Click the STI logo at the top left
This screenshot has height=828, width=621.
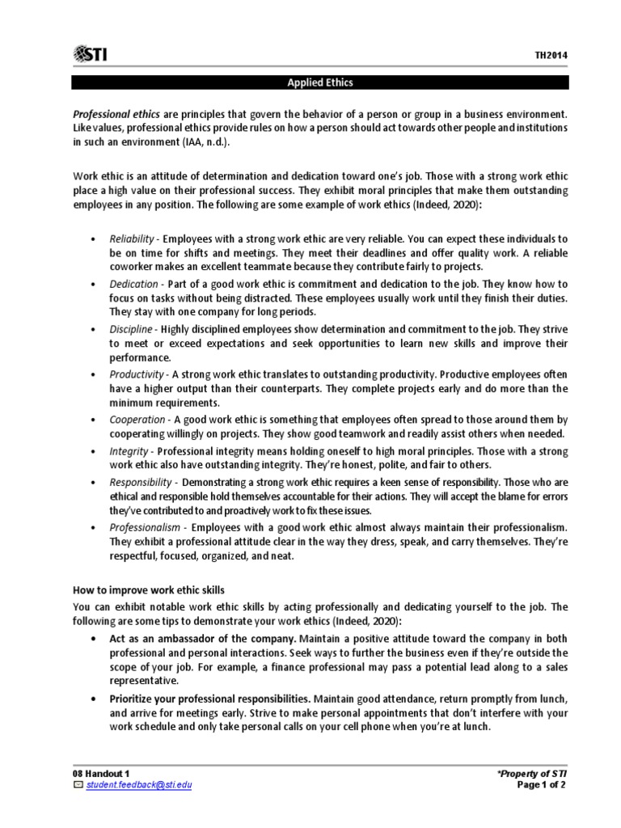pos(91,54)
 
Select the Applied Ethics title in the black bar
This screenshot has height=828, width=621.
pos(321,82)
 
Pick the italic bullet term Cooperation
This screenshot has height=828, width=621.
pos(137,420)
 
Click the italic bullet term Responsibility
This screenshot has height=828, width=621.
pos(142,482)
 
